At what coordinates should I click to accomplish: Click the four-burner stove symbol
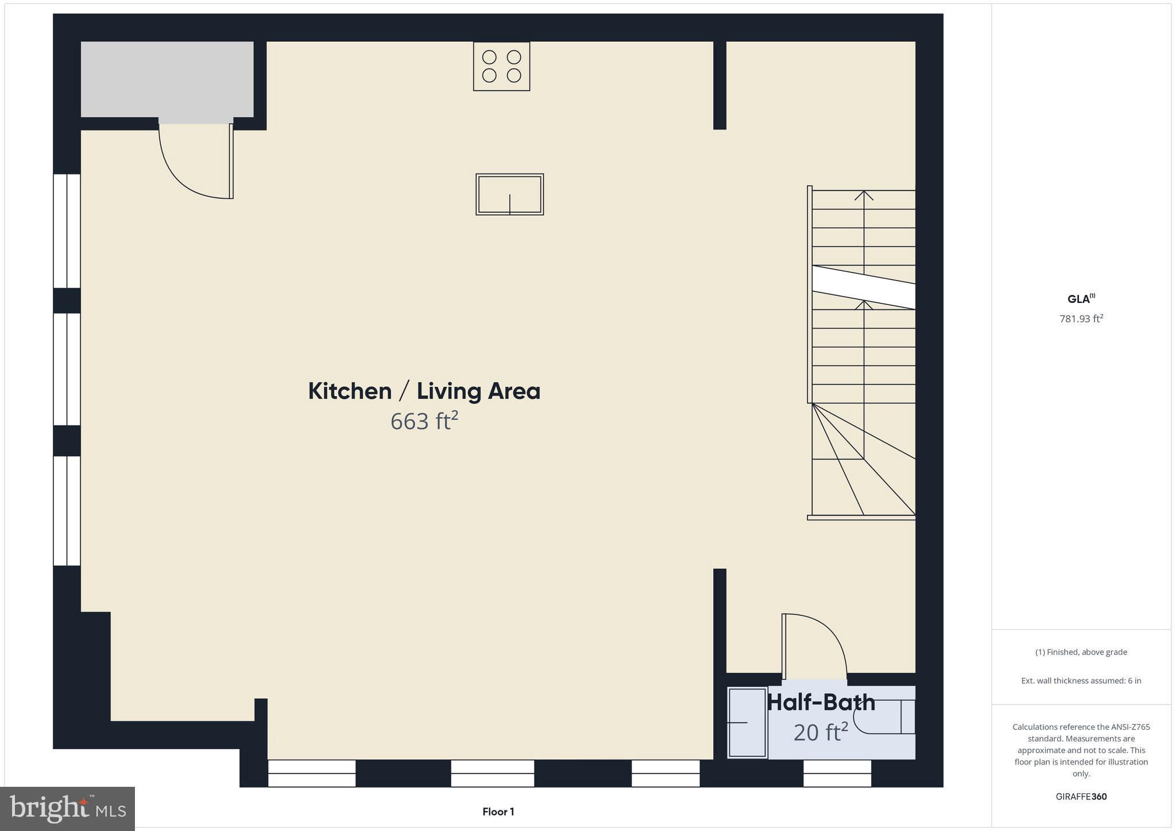point(501,66)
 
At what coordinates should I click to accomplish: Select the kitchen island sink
point(509,195)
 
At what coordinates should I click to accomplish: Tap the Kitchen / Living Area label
point(424,391)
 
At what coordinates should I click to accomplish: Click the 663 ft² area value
point(424,421)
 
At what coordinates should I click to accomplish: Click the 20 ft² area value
point(821,732)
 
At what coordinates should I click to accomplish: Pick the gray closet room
point(167,79)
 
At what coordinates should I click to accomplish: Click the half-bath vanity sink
point(747,723)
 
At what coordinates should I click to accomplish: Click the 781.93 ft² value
point(1081,319)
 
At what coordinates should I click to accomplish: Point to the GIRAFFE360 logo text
point(1081,797)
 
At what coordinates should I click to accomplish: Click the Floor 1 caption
point(498,811)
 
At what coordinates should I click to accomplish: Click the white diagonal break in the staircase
point(863,287)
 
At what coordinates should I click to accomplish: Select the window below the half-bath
point(837,774)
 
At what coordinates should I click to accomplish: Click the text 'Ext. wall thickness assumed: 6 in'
point(1081,681)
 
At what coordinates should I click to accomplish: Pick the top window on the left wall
point(67,231)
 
